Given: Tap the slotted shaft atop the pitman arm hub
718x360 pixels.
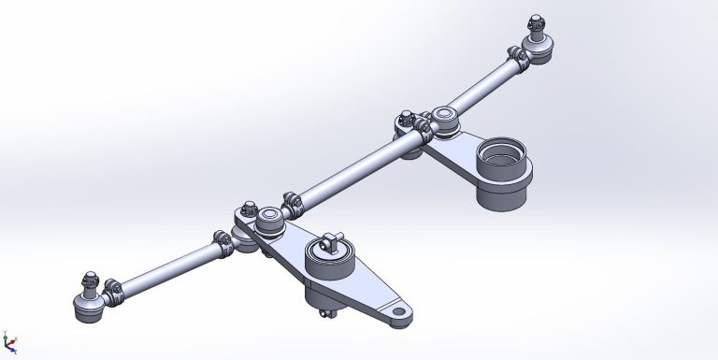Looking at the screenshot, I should click(x=331, y=245).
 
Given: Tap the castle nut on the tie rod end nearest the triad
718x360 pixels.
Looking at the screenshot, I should click(x=91, y=279).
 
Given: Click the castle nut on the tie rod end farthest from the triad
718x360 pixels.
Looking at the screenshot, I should click(x=536, y=22).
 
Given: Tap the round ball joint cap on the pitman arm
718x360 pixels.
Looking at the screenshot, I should click(x=270, y=220).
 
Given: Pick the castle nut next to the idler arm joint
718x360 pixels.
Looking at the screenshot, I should click(x=405, y=119).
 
